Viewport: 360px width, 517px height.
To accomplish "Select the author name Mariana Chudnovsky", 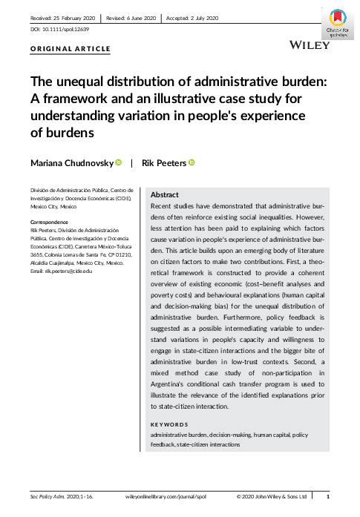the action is click(x=71, y=162).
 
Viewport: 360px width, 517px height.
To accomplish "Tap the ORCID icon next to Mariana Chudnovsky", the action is click(x=118, y=162).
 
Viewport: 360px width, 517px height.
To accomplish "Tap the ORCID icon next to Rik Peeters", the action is click(x=191, y=162).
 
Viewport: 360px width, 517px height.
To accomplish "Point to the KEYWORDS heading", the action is click(x=169, y=424).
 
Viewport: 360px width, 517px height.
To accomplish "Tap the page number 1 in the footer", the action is click(x=328, y=495).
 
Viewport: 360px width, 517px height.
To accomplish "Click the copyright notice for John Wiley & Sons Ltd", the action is click(x=272, y=495).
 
